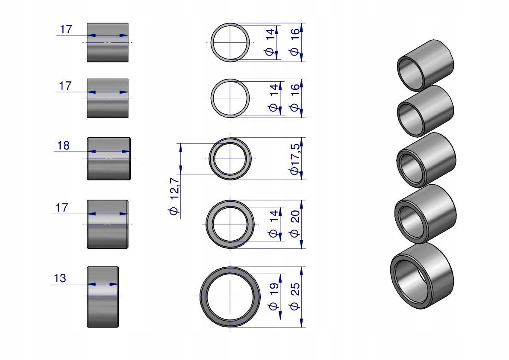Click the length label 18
pyautogui.click(x=63, y=145)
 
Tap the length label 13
pyautogui.click(x=60, y=278)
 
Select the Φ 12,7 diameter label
pyautogui.click(x=174, y=196)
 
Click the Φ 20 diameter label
pyautogui.click(x=295, y=224)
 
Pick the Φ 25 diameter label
pyautogui.click(x=295, y=296)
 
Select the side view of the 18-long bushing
pyautogui.click(x=109, y=159)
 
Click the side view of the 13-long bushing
pyautogui.click(x=103, y=297)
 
